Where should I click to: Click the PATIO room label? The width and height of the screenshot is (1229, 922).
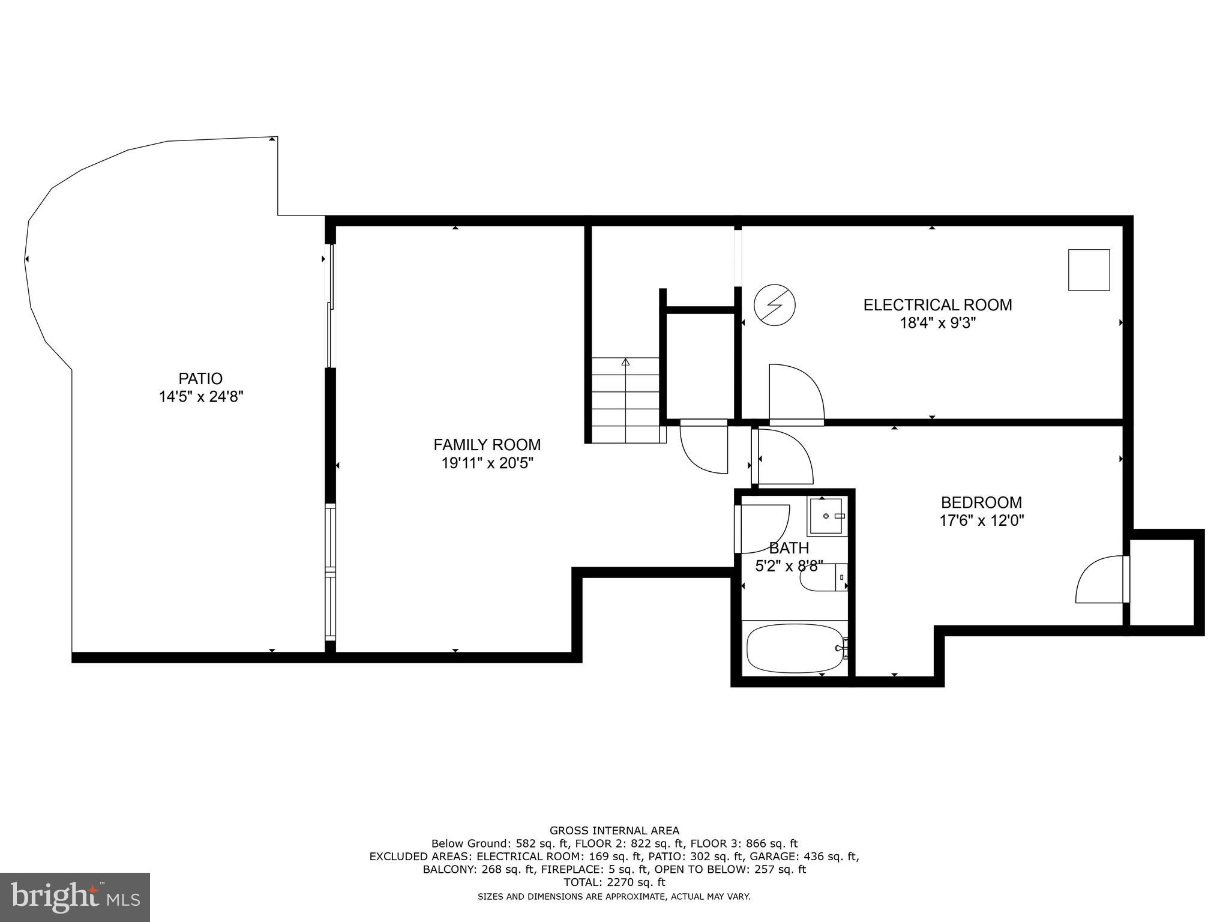coord(200,379)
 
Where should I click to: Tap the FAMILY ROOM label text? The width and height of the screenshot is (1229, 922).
coord(487,445)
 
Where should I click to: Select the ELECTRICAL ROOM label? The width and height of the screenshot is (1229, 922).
coord(937,305)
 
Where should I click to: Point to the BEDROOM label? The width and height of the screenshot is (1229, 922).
coord(981,502)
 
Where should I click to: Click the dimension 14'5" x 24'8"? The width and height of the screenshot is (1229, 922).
coord(200,397)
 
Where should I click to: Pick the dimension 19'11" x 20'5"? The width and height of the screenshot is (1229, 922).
coord(487,463)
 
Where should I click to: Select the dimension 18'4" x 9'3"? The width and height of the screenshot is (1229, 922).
coord(937,324)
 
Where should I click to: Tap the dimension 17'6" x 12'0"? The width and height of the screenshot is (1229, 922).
coord(981,520)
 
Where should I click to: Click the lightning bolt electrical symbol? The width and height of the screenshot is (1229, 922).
coord(774,305)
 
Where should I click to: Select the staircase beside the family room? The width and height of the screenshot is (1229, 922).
coord(625,399)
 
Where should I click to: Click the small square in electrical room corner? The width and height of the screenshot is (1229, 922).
coord(1089,270)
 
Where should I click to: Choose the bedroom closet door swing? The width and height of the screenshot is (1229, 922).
coord(1099,580)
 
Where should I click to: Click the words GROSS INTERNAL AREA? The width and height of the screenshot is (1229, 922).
coord(614,831)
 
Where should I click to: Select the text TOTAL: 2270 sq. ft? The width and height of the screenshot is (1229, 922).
coord(614,882)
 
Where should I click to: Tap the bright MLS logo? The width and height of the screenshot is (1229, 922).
coord(75,897)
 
